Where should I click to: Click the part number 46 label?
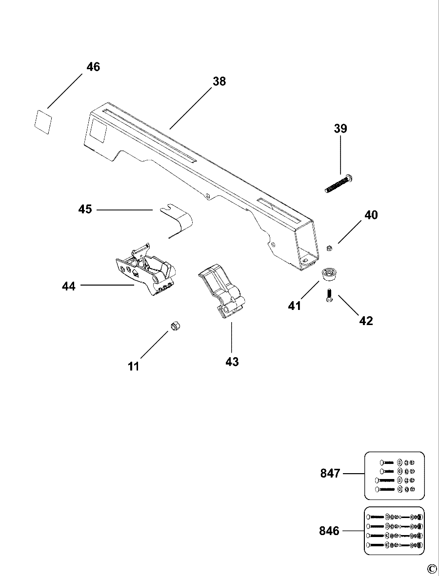(93, 67)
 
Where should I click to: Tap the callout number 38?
(219, 81)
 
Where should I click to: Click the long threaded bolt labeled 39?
(339, 184)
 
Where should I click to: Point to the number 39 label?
(340, 129)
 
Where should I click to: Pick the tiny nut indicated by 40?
(330, 249)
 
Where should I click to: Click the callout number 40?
(371, 215)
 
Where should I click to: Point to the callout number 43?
(232, 362)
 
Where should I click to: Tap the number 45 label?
(85, 210)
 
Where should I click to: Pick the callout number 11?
(134, 366)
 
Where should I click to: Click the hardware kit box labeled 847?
(395, 476)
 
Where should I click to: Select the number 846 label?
(330, 531)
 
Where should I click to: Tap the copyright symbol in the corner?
(432, 569)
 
